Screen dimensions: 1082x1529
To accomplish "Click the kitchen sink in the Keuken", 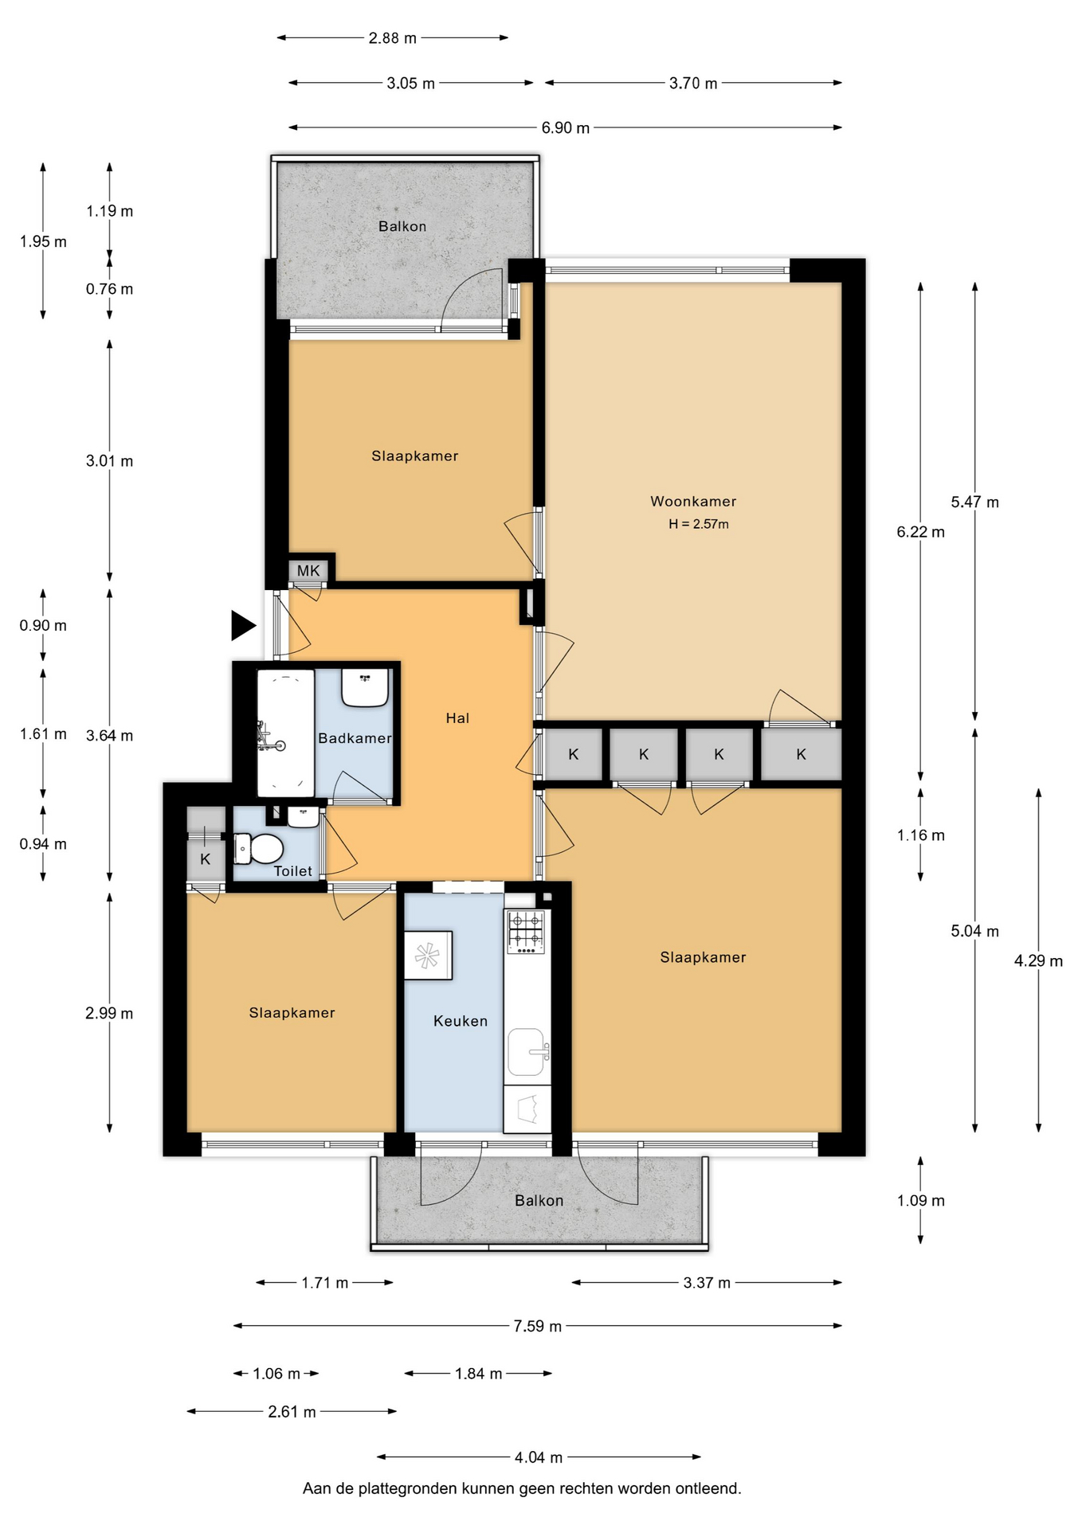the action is click(x=527, y=1051).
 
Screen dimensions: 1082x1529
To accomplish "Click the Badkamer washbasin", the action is click(x=365, y=687).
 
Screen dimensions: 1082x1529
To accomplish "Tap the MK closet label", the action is click(x=308, y=570).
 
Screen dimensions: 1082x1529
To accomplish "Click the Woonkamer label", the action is click(x=693, y=501).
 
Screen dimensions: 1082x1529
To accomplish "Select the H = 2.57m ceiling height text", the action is click(x=699, y=524).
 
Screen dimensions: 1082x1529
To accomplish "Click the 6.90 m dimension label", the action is click(x=566, y=127).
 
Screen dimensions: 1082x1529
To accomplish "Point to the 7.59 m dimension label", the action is click(x=538, y=1326).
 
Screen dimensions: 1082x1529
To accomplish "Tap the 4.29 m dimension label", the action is click(x=1038, y=960).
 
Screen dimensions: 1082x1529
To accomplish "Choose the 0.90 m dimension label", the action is click(x=43, y=625).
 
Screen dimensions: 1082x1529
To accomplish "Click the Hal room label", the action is click(x=457, y=718).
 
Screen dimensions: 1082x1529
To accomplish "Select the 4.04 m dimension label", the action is click(x=539, y=1457).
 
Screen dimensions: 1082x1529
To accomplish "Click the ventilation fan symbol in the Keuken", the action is click(x=428, y=955).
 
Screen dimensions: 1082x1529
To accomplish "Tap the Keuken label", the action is click(x=461, y=1020).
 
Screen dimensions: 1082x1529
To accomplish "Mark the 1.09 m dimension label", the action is click(x=921, y=1200).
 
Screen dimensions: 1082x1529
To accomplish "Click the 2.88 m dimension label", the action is click(x=393, y=37).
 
